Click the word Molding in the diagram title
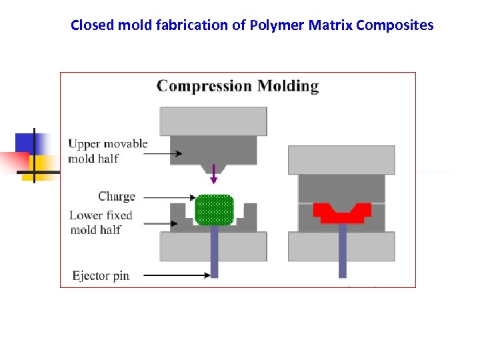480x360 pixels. (288, 86)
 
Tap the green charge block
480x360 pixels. (214, 209)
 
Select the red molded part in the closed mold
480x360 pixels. (342, 213)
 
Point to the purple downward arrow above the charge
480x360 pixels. (213, 174)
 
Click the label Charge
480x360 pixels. (117, 197)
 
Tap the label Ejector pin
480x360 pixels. (101, 275)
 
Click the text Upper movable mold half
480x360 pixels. (107, 151)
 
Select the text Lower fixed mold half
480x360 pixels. (101, 222)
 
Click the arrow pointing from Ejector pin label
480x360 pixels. (176, 275)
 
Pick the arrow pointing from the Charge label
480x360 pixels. (170, 197)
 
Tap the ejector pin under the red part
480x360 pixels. (342, 250)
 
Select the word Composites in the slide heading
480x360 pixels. (395, 25)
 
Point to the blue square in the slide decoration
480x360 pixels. (30, 143)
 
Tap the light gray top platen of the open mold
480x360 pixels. (213, 121)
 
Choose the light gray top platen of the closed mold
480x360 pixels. (341, 160)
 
